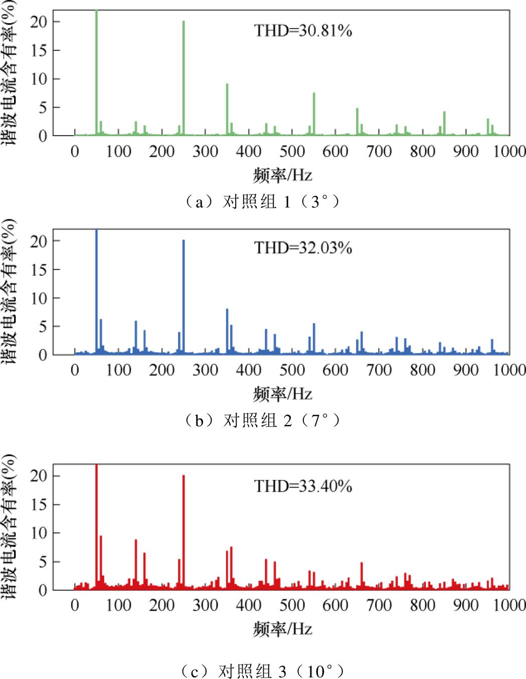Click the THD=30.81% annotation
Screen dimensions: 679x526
(x=303, y=31)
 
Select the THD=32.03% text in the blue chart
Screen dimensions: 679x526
(x=303, y=248)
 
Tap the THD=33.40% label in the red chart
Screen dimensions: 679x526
(x=303, y=486)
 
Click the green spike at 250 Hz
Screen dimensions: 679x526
(x=184, y=75)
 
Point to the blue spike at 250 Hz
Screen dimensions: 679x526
(x=184, y=296)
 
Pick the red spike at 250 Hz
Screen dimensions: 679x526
(x=184, y=531)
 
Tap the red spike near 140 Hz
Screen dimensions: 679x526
(x=135, y=564)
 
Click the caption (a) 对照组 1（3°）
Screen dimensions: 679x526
(x=263, y=202)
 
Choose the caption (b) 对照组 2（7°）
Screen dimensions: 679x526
(x=263, y=420)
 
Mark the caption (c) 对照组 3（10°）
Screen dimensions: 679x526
(x=263, y=670)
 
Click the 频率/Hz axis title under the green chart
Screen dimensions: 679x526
(x=283, y=175)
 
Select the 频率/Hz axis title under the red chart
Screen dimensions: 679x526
(x=283, y=628)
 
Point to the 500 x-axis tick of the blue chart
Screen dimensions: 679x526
(x=292, y=370)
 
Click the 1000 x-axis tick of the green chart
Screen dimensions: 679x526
(x=509, y=151)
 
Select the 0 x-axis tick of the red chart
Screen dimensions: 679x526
(x=75, y=605)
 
